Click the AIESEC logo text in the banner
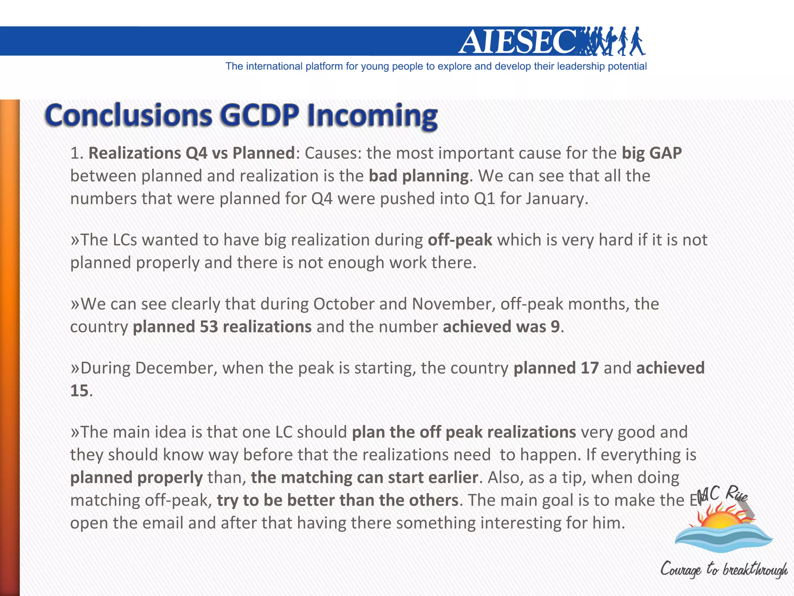[518, 42]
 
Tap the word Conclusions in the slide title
[128, 115]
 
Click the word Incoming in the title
[372, 116]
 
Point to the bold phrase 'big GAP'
[651, 153]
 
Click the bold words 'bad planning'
[419, 176]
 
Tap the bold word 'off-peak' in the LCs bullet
[460, 240]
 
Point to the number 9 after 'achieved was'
[555, 327]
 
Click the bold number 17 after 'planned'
[589, 368]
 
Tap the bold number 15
[79, 391]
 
